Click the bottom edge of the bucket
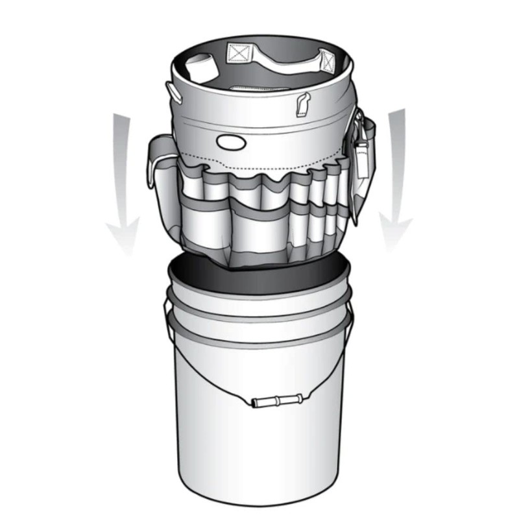pyautogui.click(x=259, y=500)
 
